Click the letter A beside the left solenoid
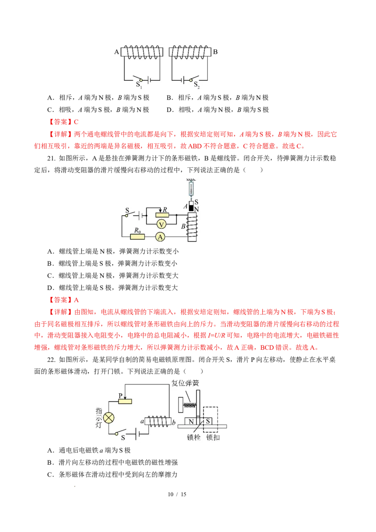pos(117,52)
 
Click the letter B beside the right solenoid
pos(215,52)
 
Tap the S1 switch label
pos(139,85)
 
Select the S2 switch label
pos(197,85)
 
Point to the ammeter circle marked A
pos(160,237)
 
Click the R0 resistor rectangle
pos(137,237)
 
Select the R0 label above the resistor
pos(137,230)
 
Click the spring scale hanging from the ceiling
pos(191,190)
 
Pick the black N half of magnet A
pos(191,208)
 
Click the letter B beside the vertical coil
pos(183,227)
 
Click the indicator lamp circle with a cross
pos(109,417)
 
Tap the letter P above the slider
pos(120,395)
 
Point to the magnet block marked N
pos(191,422)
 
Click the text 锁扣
pos(213,437)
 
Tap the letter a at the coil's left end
pos(141,421)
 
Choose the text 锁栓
pos(194,437)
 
